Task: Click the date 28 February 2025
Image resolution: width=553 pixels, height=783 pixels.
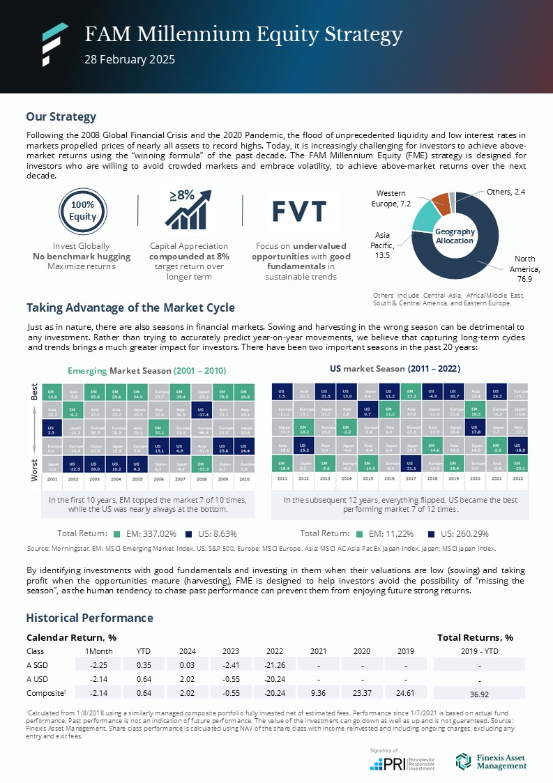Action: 130,59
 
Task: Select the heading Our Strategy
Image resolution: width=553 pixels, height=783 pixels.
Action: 61,116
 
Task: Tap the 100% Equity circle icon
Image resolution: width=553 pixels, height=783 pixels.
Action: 82,210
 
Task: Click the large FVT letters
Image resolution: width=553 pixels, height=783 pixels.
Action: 299,210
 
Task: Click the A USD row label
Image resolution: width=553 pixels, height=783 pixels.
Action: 39,679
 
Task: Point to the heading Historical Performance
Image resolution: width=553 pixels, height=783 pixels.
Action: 89,618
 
